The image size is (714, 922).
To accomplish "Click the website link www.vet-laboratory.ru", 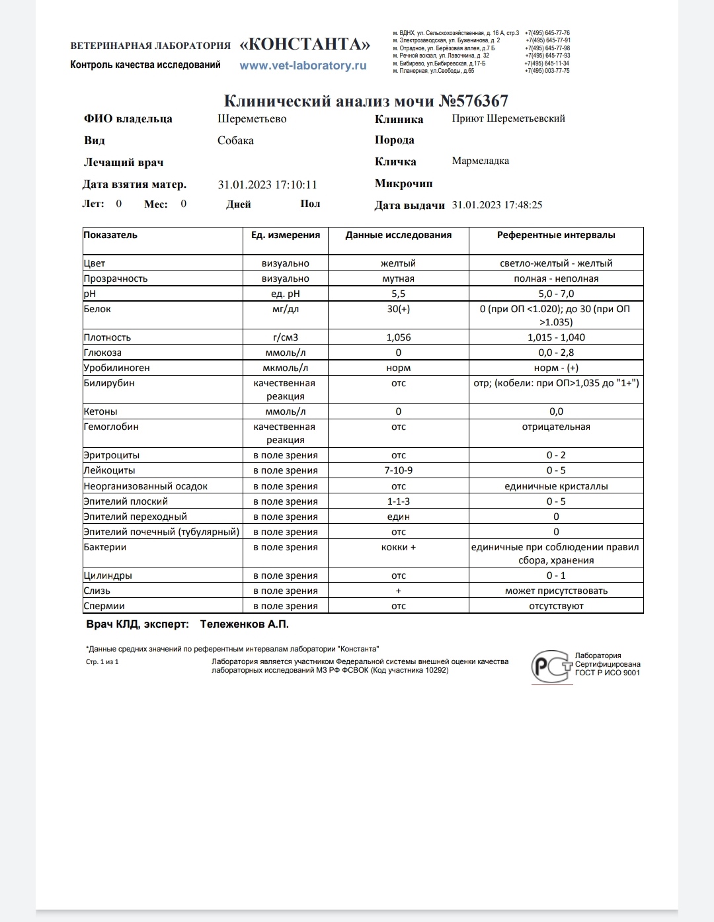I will pos(303,65).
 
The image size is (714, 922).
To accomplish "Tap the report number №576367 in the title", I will pos(474,101).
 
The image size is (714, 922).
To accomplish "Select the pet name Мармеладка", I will pos(481,161).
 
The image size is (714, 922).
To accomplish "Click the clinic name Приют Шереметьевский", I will pos(508,118).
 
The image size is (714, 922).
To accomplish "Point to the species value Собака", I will pos(235,140).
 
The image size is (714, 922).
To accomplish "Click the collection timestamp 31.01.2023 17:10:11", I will pos(268,185).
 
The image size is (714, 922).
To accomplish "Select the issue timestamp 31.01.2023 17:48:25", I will pos(497,205).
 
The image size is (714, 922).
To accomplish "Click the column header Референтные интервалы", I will pos(556,235).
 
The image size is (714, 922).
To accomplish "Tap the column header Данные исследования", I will pos(398,235).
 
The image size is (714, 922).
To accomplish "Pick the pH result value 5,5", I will pos(398,294).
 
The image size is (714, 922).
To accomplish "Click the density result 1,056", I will pos(398,337).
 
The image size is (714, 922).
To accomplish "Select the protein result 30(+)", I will pos(398,309).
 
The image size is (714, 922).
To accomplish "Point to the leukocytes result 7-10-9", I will pos(398,470).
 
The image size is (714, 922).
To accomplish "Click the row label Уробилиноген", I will pos(117,368).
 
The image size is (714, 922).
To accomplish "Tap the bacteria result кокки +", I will pos(398,547).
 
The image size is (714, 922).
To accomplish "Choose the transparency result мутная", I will pos(398,278).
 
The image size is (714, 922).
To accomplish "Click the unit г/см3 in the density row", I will pos(286,337).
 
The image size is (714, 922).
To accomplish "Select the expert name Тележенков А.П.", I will pos(245,624).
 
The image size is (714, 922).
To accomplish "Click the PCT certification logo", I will pos(551,667).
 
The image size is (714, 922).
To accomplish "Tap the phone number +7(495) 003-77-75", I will pos(547,71).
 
